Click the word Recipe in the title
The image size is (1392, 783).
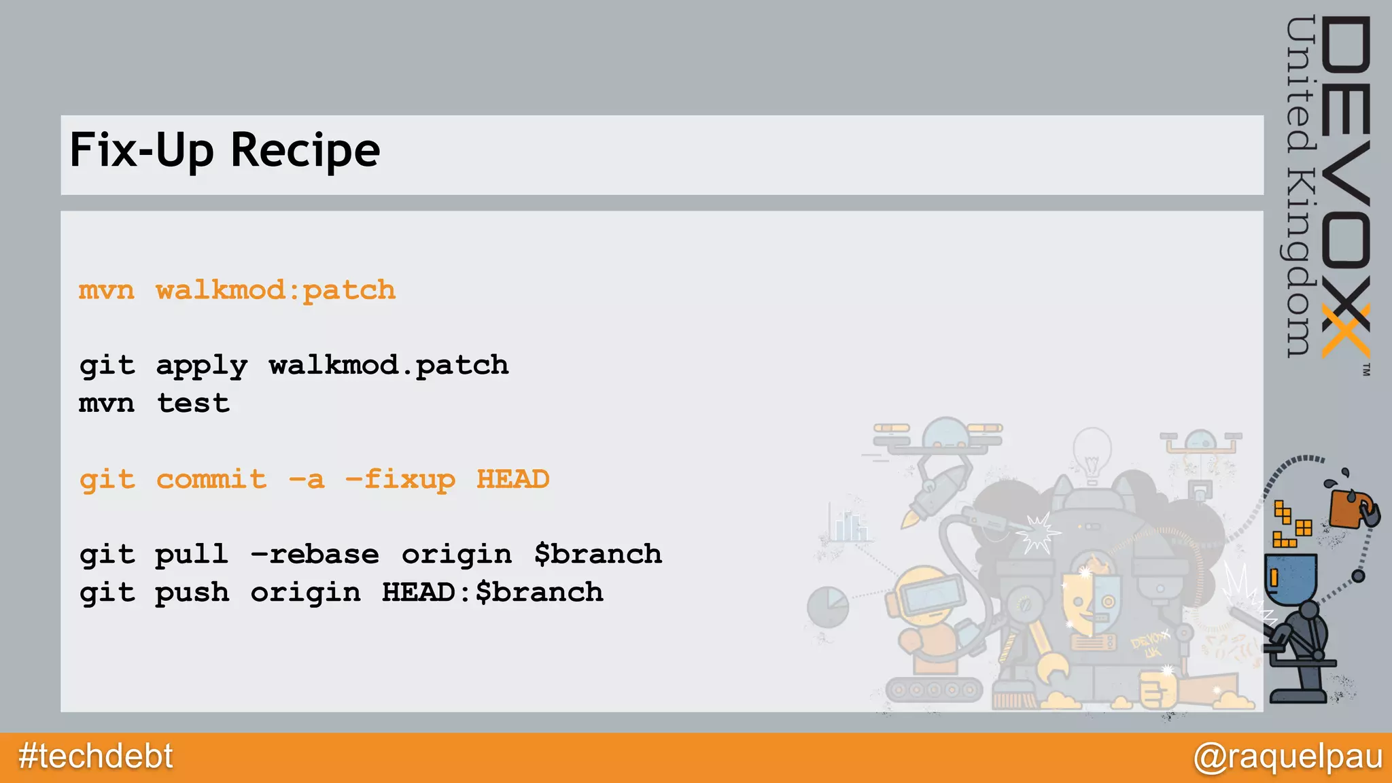(x=305, y=150)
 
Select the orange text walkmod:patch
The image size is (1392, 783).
(x=275, y=291)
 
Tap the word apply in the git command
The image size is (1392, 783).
(x=202, y=366)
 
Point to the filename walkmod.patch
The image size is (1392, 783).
(x=388, y=366)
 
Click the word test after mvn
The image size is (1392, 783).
(x=194, y=404)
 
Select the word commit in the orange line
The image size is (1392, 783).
(x=211, y=480)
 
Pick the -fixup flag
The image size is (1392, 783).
(x=400, y=480)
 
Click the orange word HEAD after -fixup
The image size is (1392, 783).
(x=512, y=480)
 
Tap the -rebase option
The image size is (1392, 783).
(x=315, y=555)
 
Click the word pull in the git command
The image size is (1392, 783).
(x=191, y=555)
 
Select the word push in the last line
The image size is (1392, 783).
(x=192, y=593)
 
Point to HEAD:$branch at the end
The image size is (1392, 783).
(x=492, y=593)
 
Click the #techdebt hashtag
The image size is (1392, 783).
(x=96, y=756)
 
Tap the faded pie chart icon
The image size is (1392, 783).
(x=828, y=607)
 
